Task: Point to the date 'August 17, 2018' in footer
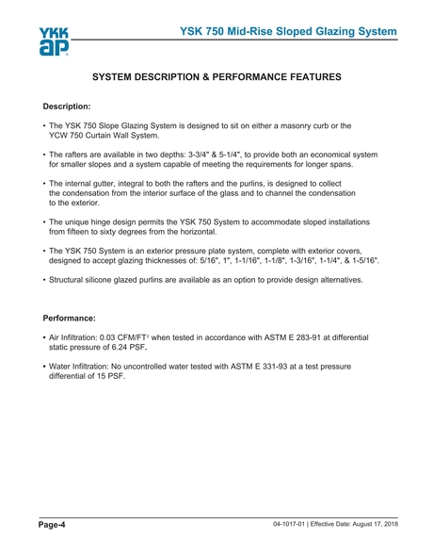pyautogui.click(x=363, y=522)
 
